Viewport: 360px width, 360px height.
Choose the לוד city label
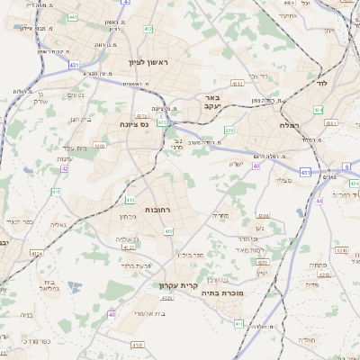(x=321, y=83)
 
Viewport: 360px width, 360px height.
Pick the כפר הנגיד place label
(x=19, y=220)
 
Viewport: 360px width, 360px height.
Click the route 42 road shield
(x=64, y=168)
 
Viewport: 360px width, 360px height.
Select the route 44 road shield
(x=319, y=201)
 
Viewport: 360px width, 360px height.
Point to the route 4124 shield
(x=36, y=254)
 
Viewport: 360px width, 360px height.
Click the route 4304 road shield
(x=263, y=216)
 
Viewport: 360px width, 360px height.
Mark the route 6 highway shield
(x=347, y=166)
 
